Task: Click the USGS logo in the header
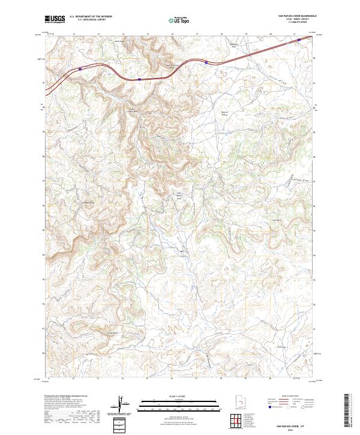tap(55, 19)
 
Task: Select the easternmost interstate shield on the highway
tap(206, 61)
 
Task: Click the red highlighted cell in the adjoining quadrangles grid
tap(233, 420)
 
